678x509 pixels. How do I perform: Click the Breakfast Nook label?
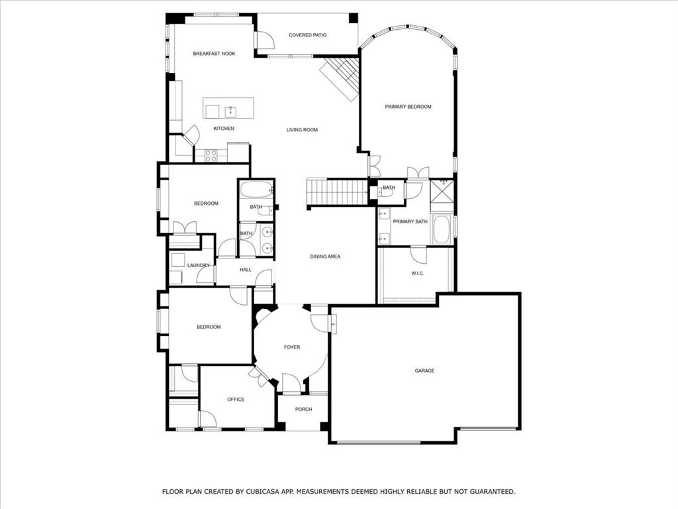tap(214, 54)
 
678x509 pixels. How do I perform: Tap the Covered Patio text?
tap(307, 35)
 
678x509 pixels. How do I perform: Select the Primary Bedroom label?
tap(408, 107)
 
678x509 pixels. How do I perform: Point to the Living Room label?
tap(302, 130)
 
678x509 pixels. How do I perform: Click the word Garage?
tap(424, 370)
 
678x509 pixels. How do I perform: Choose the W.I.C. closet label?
tap(417, 273)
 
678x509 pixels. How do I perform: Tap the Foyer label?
tap(292, 347)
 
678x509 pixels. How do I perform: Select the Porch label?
tap(303, 410)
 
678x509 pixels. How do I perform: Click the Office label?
tap(236, 400)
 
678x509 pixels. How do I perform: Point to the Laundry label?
tap(198, 266)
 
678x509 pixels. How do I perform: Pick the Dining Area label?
tap(325, 256)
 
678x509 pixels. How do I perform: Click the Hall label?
tap(245, 270)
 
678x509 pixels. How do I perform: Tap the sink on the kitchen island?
tap(230, 111)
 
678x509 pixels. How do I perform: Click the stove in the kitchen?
tap(211, 156)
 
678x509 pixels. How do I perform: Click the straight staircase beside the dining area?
tap(337, 192)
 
